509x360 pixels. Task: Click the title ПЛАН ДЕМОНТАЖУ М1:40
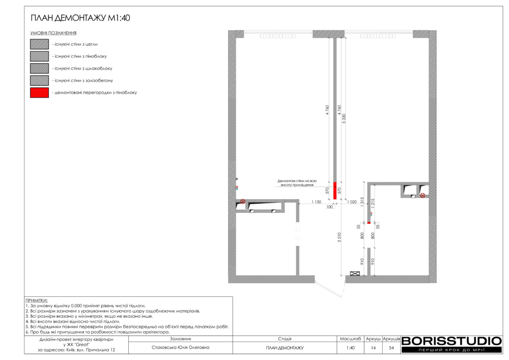(80, 18)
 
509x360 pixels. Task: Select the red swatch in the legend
(39, 92)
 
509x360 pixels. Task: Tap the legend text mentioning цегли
(76, 44)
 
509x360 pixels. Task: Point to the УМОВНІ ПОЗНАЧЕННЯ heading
(53, 33)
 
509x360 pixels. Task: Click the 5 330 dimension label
(344, 118)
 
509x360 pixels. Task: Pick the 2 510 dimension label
(339, 237)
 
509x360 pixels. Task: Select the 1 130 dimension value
(316, 202)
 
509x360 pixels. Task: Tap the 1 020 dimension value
(352, 202)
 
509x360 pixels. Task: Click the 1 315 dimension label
(362, 202)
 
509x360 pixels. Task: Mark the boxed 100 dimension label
(330, 207)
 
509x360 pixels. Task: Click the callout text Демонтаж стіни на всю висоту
(297, 183)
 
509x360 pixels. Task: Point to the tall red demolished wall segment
(335, 190)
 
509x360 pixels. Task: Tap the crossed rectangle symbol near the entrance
(355, 273)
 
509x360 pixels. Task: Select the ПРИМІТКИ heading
(36, 301)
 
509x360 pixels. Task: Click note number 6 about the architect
(97, 332)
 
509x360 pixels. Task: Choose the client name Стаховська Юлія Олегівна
(180, 348)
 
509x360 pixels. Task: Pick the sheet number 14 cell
(373, 348)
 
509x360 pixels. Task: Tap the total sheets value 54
(392, 348)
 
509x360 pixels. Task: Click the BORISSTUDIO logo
(452, 345)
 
